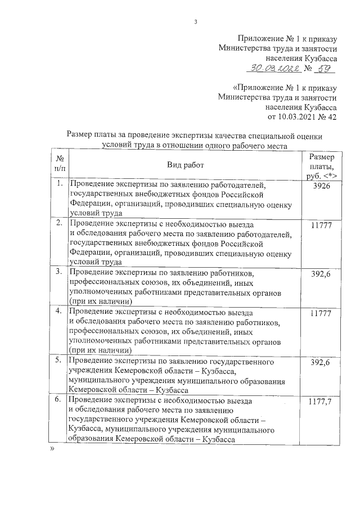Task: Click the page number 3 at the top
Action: [x=195, y=22]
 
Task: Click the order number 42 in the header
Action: [x=331, y=117]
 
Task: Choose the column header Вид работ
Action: [x=185, y=164]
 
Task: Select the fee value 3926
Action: [x=321, y=186]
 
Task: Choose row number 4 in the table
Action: [x=59, y=311]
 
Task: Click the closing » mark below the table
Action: [x=52, y=450]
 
